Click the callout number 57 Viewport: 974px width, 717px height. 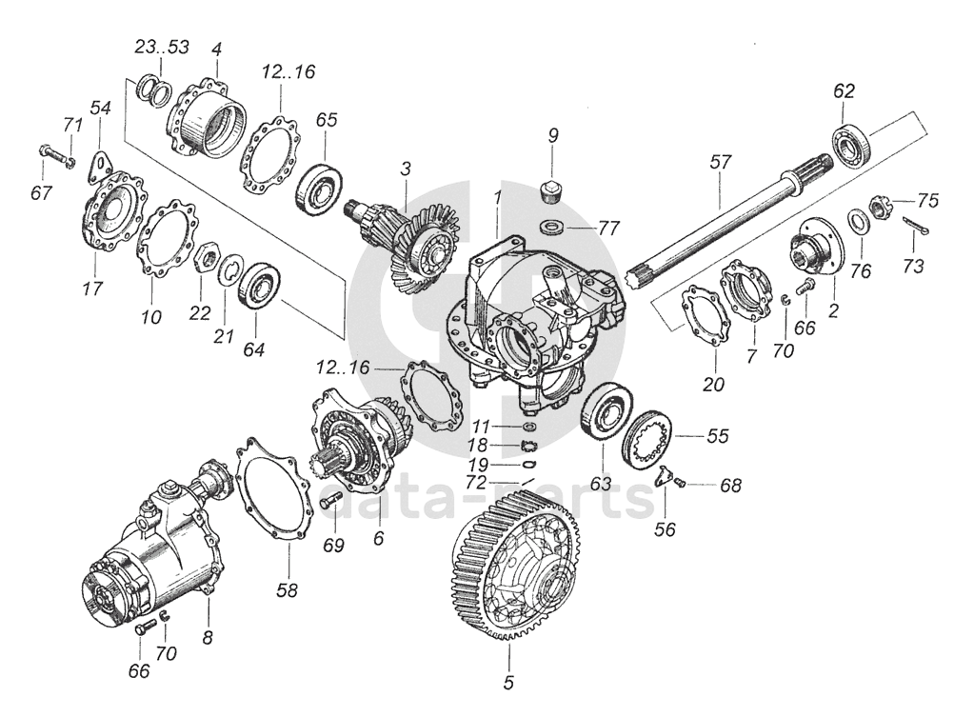720,162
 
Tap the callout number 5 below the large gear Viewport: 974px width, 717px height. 507,682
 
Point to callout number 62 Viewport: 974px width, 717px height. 844,91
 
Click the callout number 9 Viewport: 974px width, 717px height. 551,135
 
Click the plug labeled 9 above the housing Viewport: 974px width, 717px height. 551,188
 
